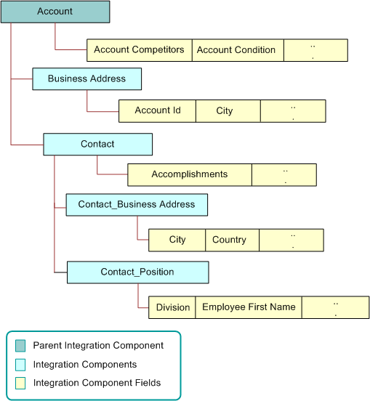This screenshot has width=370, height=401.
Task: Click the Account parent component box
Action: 55,12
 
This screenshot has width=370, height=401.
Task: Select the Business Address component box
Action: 87,78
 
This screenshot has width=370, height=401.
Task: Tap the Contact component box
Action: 97,144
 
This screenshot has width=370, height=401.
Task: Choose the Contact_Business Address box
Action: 137,205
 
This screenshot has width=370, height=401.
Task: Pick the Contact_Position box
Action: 137,272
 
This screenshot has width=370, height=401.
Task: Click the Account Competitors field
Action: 139,50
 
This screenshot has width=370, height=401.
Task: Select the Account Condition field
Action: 237,50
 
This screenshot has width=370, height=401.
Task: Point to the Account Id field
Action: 157,110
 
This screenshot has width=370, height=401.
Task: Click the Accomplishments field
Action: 189,174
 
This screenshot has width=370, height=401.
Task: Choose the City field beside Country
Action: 177,240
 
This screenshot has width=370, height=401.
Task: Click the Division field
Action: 172,307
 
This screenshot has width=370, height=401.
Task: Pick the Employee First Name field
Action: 249,307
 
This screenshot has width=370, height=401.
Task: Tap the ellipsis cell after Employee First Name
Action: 335,307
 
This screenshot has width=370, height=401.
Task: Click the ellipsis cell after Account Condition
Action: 315,50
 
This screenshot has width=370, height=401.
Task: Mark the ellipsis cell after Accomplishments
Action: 283,174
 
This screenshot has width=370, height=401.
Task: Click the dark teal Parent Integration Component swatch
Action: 20,346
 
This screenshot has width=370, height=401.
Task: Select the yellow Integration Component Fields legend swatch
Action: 20,383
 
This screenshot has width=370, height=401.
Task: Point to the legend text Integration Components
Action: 84,364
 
